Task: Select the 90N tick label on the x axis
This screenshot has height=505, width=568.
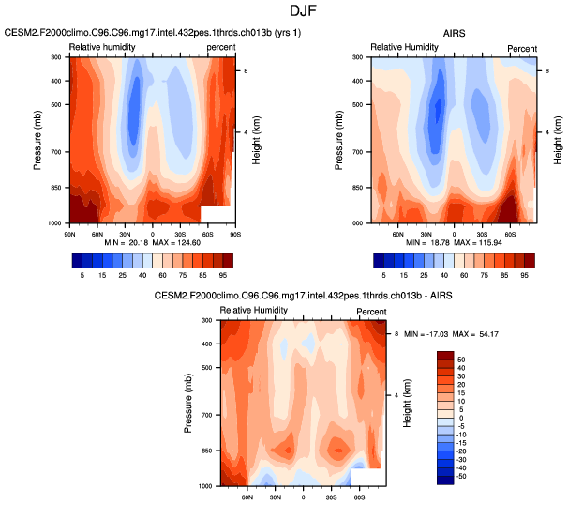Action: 70,231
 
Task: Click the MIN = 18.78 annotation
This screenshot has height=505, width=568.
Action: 427,240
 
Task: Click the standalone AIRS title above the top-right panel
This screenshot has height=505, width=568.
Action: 453,32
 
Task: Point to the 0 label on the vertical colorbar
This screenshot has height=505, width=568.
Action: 460,417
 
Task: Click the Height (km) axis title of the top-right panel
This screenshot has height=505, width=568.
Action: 558,139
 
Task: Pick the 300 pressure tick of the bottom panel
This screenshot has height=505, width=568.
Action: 206,320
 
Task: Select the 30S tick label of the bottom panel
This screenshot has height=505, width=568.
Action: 331,495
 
